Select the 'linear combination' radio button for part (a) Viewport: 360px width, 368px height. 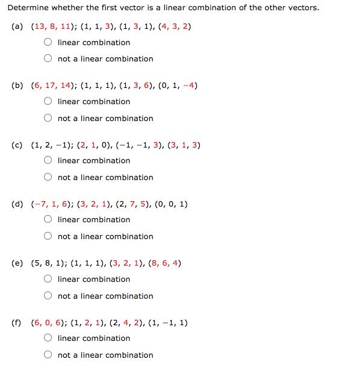(x=48, y=43)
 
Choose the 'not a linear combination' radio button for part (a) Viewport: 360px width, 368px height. (x=48, y=59)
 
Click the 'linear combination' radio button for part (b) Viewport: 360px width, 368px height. (x=48, y=102)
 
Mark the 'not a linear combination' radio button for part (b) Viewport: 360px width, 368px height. (x=48, y=119)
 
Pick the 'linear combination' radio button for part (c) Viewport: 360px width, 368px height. (x=48, y=161)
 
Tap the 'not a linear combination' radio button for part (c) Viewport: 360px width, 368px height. (x=48, y=178)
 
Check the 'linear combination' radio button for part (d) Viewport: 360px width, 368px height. (x=48, y=220)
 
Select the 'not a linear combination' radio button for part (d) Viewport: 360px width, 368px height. (x=48, y=237)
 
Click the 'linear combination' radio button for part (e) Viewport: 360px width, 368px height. (x=48, y=279)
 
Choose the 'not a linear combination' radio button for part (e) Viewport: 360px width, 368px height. (x=48, y=296)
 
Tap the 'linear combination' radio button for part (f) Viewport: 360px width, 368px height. (x=48, y=338)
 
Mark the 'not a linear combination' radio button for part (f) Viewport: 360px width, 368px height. (x=48, y=355)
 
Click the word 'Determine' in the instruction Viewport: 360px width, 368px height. (x=26, y=8)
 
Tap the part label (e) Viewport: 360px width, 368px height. (x=17, y=263)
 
